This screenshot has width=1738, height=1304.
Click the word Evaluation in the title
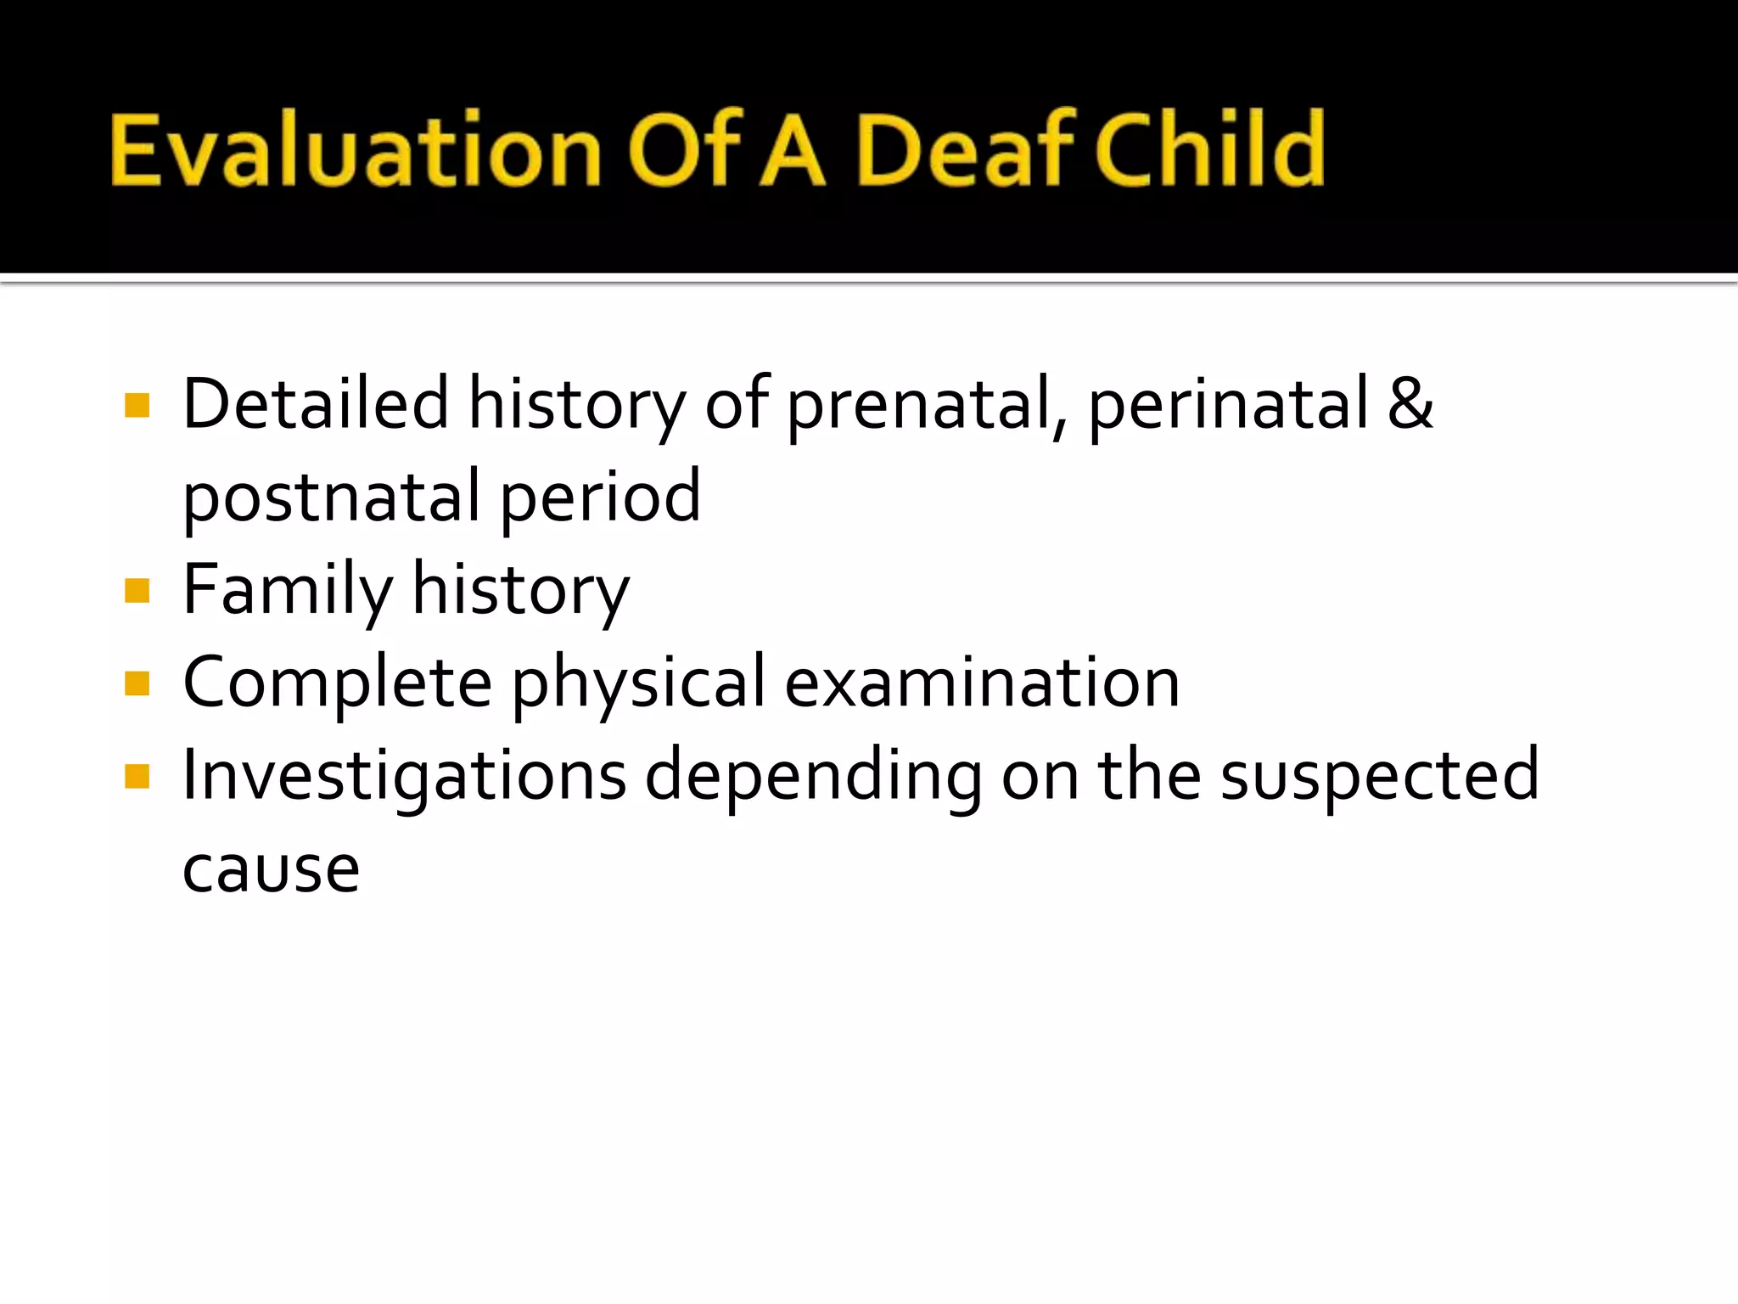coord(356,151)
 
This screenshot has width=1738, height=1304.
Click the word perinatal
coord(1228,406)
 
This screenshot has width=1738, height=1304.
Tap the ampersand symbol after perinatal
coord(1410,403)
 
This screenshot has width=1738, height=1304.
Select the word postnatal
coord(332,498)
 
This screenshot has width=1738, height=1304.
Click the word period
coord(600,498)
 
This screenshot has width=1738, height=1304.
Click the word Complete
coord(338,683)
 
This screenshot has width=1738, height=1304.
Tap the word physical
coord(639,683)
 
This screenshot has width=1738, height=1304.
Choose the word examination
coord(982,683)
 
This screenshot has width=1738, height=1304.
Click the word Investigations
coord(405,777)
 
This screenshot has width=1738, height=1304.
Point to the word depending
coord(813,777)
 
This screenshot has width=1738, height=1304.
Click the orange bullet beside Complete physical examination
coord(137,683)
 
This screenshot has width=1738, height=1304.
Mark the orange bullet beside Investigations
coord(137,776)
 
